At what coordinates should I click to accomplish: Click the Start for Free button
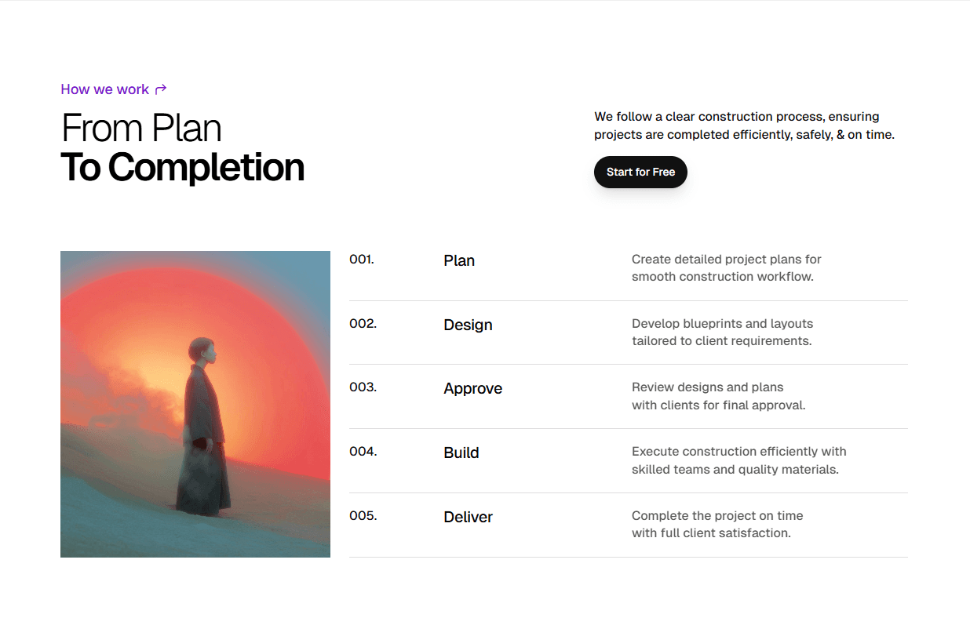pyautogui.click(x=640, y=173)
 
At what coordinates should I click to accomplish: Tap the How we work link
pyautogui.click(x=104, y=89)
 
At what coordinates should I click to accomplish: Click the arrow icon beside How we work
pyautogui.click(x=161, y=89)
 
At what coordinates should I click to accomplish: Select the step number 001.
pyautogui.click(x=361, y=260)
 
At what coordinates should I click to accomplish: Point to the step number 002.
pyautogui.click(x=363, y=323)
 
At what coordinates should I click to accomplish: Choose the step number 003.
pyautogui.click(x=363, y=387)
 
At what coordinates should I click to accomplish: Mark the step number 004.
pyautogui.click(x=363, y=452)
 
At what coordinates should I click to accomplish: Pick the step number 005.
pyautogui.click(x=363, y=516)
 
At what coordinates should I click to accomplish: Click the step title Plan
pyautogui.click(x=459, y=261)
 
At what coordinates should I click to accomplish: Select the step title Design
pyautogui.click(x=468, y=325)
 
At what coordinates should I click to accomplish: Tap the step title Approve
pyautogui.click(x=472, y=389)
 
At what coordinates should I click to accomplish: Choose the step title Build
pyautogui.click(x=461, y=453)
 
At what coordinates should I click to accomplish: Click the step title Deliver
pyautogui.click(x=468, y=518)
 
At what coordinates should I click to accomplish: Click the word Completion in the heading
pyautogui.click(x=206, y=168)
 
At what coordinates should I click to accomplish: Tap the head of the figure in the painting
pyautogui.click(x=202, y=351)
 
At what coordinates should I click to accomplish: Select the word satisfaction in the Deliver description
pyautogui.click(x=753, y=533)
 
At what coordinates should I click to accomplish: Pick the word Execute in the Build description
pyautogui.click(x=655, y=452)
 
